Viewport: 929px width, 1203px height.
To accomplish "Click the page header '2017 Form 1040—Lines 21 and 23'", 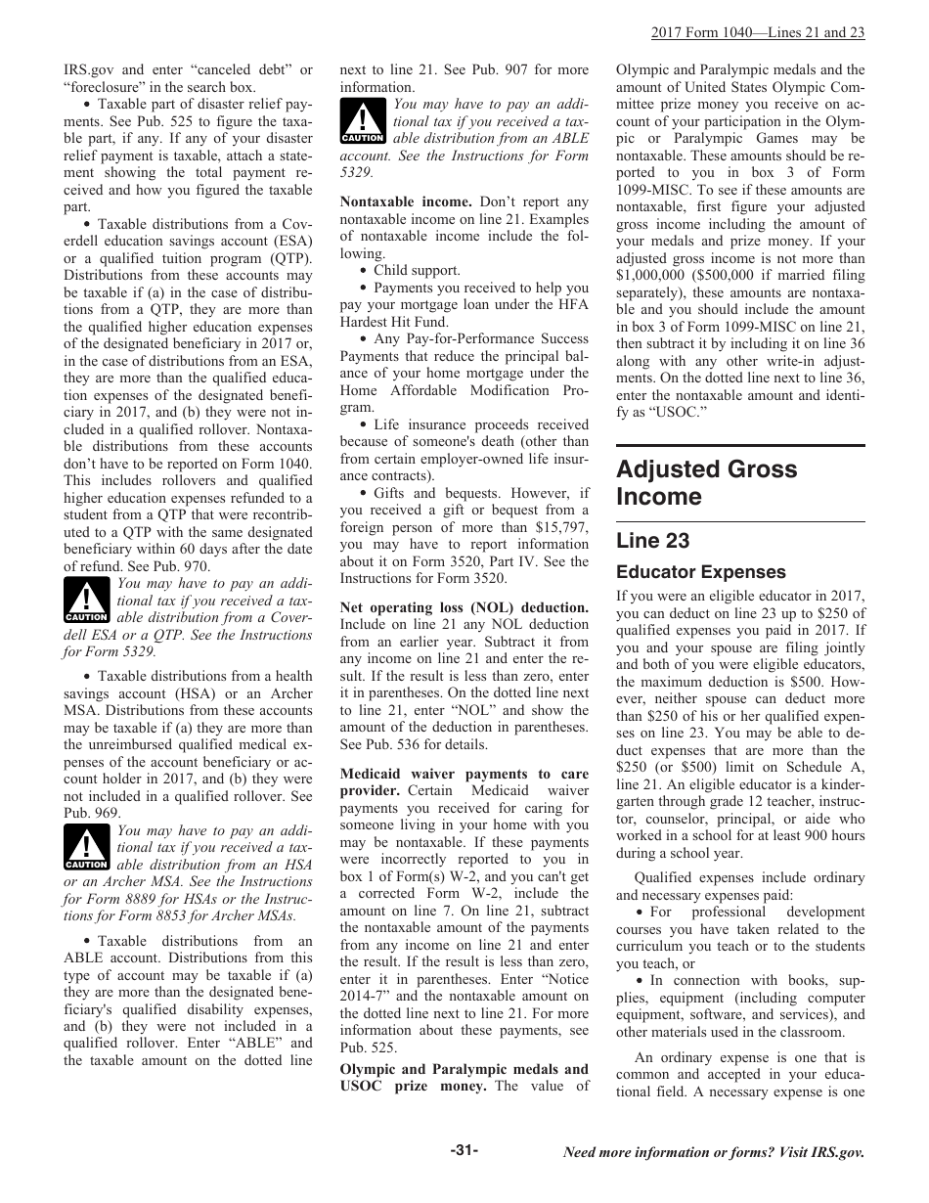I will pyautogui.click(x=758, y=32).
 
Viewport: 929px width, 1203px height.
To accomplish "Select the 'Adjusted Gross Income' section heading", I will pyautogui.click(x=706, y=482).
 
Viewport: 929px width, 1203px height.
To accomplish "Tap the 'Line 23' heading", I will pyautogui.click(x=652, y=541).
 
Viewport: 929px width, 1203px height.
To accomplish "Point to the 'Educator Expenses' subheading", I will pyautogui.click(x=700, y=572).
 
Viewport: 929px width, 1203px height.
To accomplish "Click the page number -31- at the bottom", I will pyautogui.click(x=464, y=1150).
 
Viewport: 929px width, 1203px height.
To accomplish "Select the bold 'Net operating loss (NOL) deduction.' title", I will pyautogui.click(x=464, y=607).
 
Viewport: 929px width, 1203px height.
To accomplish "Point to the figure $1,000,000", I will pyautogui.click(x=655, y=275).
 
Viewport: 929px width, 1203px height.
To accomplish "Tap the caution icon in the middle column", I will pyautogui.click(x=363, y=121).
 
